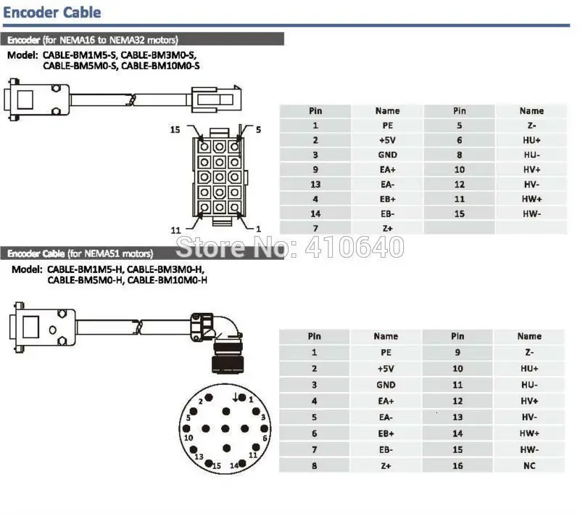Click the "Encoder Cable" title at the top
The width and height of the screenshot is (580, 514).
tap(52, 12)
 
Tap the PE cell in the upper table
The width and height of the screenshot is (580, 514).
tap(387, 126)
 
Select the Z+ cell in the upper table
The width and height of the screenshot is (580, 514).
tap(387, 229)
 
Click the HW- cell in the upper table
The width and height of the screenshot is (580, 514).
tap(531, 214)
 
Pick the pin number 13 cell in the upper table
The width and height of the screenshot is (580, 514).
tap(315, 184)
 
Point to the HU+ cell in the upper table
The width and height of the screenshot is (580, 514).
tap(531, 140)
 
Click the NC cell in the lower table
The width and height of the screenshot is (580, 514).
tap(529, 465)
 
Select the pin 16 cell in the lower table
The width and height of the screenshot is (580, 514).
tap(457, 465)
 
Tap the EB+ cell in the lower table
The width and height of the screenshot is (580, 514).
tap(386, 433)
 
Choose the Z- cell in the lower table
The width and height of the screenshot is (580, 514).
tap(529, 352)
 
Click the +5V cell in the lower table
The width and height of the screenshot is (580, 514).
tap(386, 369)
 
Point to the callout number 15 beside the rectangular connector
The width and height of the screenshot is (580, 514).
tap(175, 130)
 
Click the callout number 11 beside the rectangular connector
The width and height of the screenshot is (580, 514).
tap(175, 230)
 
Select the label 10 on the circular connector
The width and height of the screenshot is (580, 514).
tap(188, 438)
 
